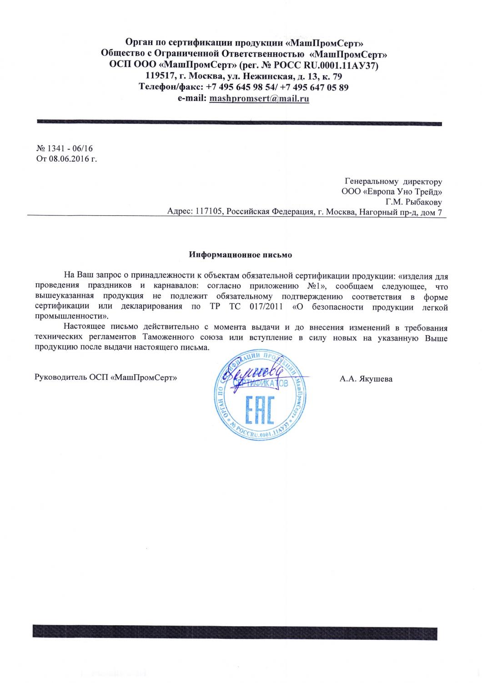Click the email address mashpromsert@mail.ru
click(x=259, y=98)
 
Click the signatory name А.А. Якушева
click(x=366, y=378)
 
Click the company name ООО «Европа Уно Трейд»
click(x=392, y=191)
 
